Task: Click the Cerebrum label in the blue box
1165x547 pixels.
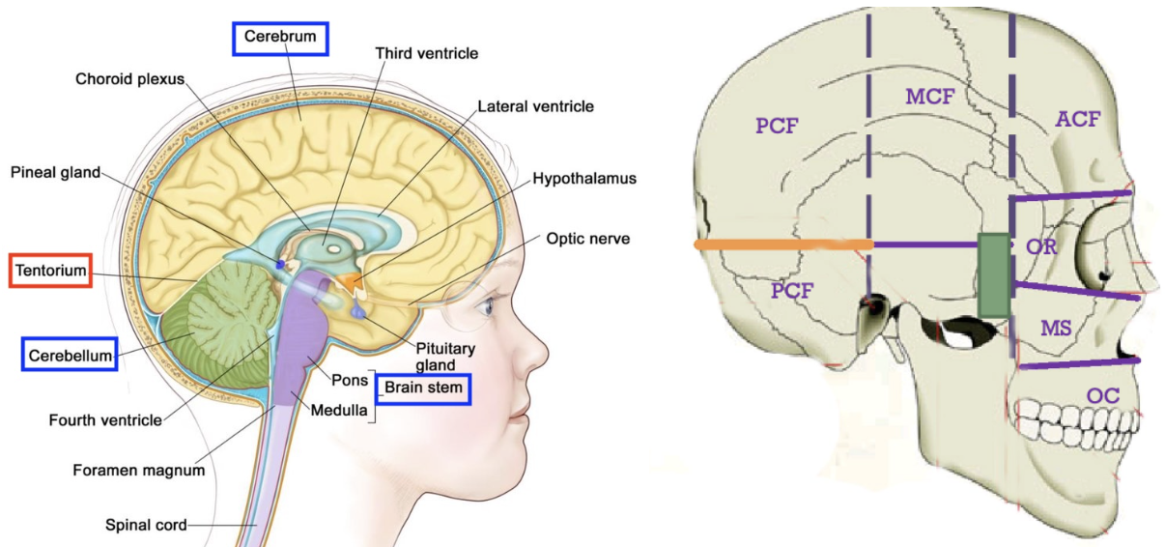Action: click(x=280, y=39)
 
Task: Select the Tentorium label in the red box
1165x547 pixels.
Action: click(x=50, y=271)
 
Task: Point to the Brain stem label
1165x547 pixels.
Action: click(x=423, y=389)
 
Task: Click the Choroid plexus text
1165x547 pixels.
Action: click(x=129, y=79)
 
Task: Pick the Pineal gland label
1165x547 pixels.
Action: click(x=56, y=172)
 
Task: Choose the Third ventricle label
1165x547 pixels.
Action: click(x=426, y=52)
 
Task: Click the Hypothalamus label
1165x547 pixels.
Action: click(x=584, y=179)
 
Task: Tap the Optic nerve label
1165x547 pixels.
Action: click(x=587, y=238)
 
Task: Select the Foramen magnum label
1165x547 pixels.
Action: click(x=139, y=471)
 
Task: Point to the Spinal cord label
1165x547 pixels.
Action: click(x=145, y=526)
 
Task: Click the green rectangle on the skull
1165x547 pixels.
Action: click(x=993, y=274)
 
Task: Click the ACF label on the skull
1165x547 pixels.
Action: click(x=1077, y=119)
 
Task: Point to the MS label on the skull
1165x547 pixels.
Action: click(x=1056, y=328)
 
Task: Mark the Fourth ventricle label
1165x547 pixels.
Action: click(x=105, y=420)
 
